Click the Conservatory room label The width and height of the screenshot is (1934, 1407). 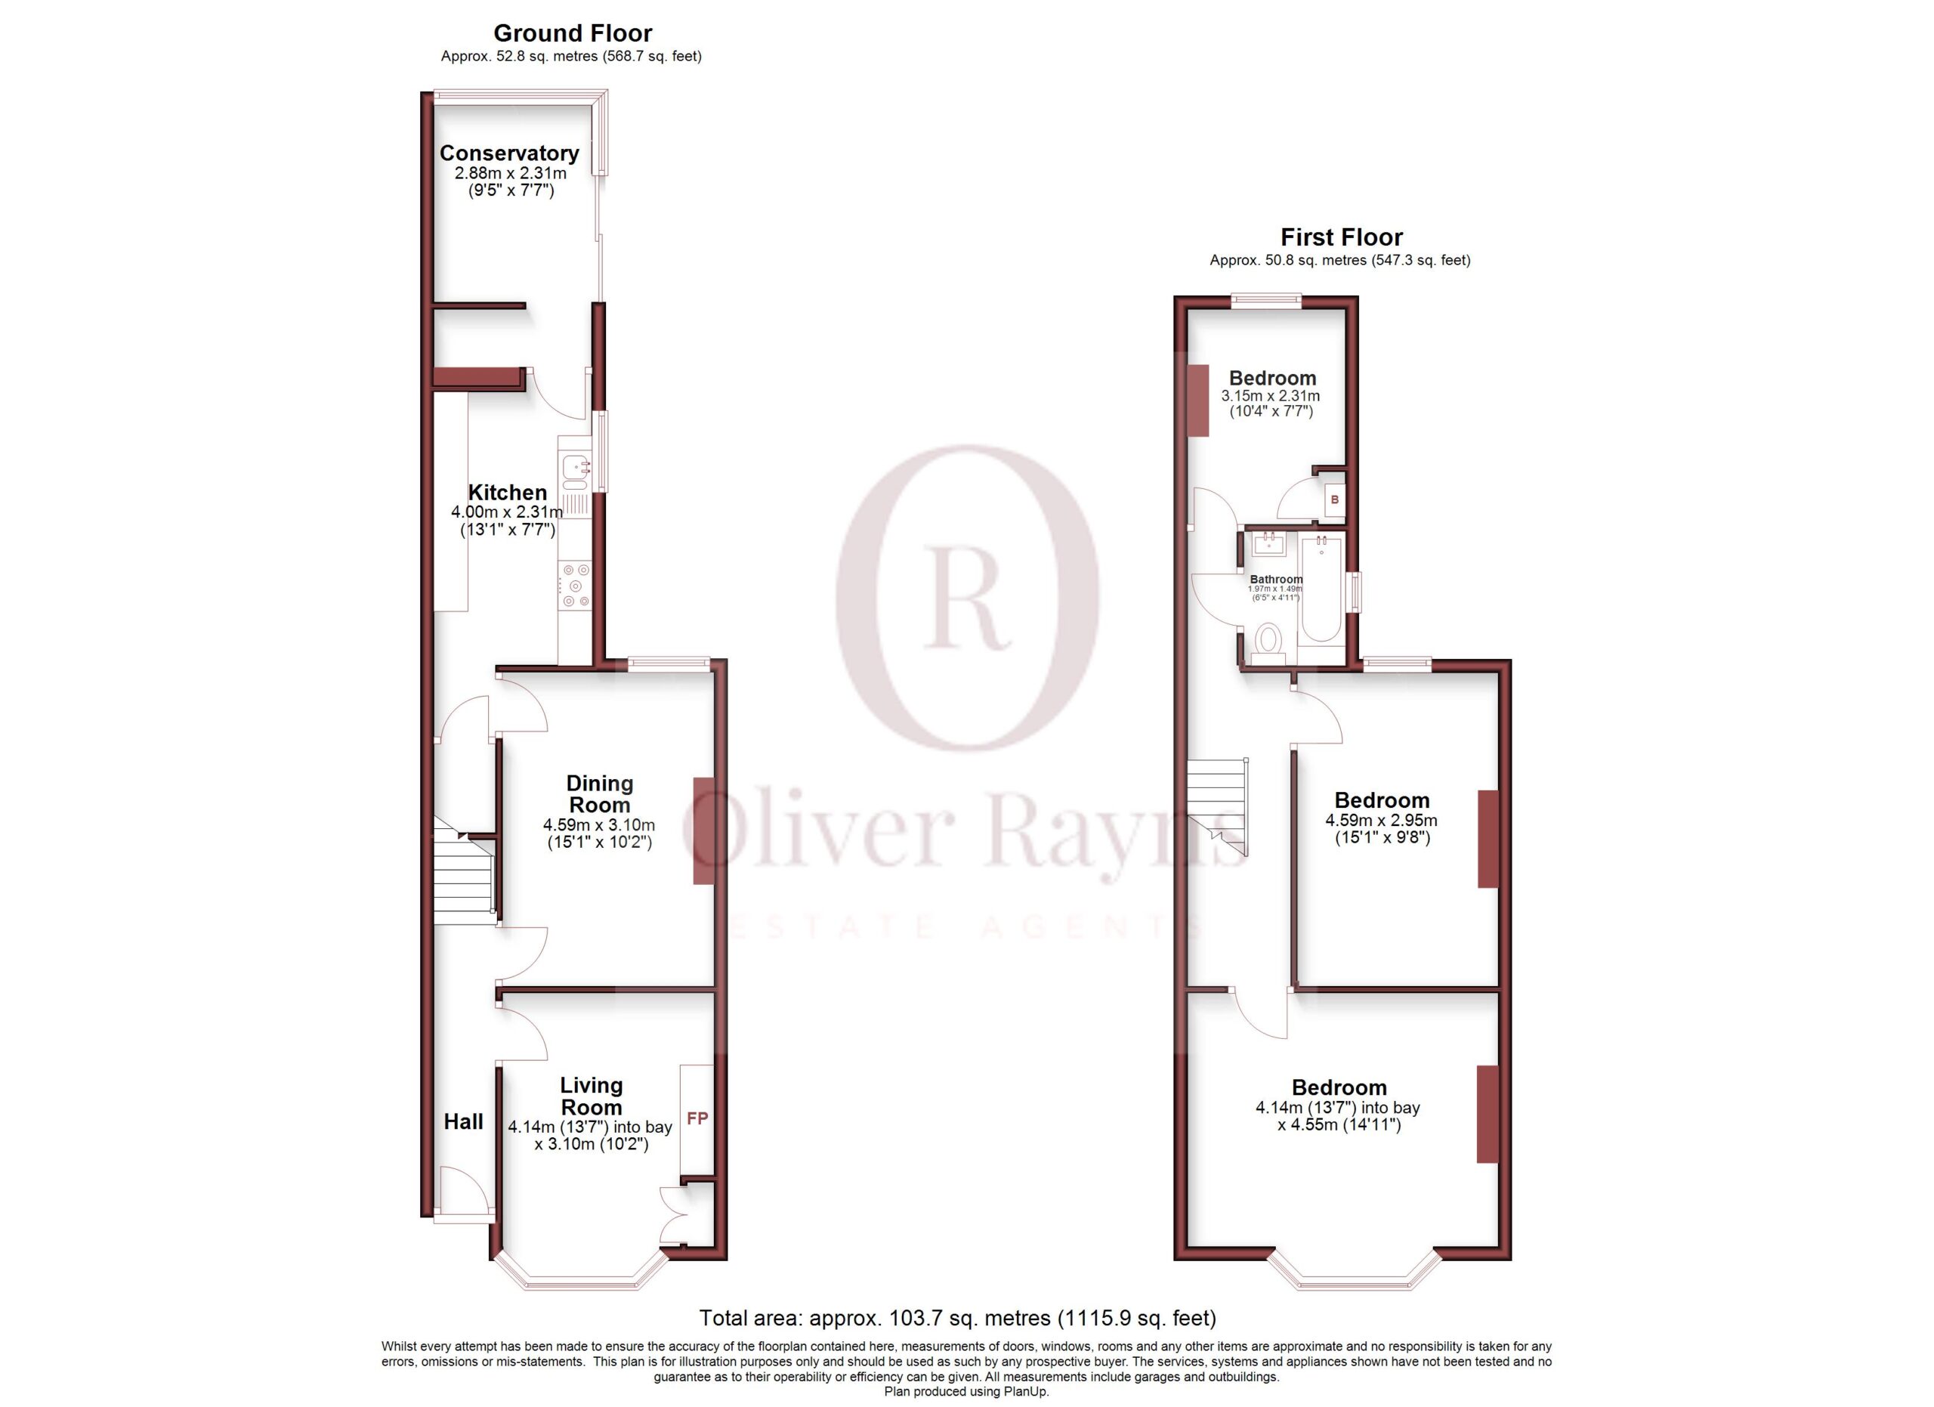[x=509, y=153]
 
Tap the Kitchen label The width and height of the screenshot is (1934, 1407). [x=508, y=492]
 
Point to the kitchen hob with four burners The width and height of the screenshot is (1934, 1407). [x=575, y=586]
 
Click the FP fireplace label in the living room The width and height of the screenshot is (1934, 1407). [x=697, y=1118]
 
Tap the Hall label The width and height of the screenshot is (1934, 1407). [x=463, y=1121]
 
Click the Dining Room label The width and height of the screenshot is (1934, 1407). [x=600, y=794]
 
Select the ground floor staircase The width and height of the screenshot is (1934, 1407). [x=465, y=871]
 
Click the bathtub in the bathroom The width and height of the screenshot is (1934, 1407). [x=1321, y=589]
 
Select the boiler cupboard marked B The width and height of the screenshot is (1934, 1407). [x=1334, y=499]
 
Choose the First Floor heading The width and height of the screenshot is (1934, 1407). [x=1342, y=237]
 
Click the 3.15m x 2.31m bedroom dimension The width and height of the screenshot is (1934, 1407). [x=1271, y=396]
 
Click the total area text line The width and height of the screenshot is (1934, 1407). [x=958, y=1318]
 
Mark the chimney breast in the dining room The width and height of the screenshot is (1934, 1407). [x=703, y=830]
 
